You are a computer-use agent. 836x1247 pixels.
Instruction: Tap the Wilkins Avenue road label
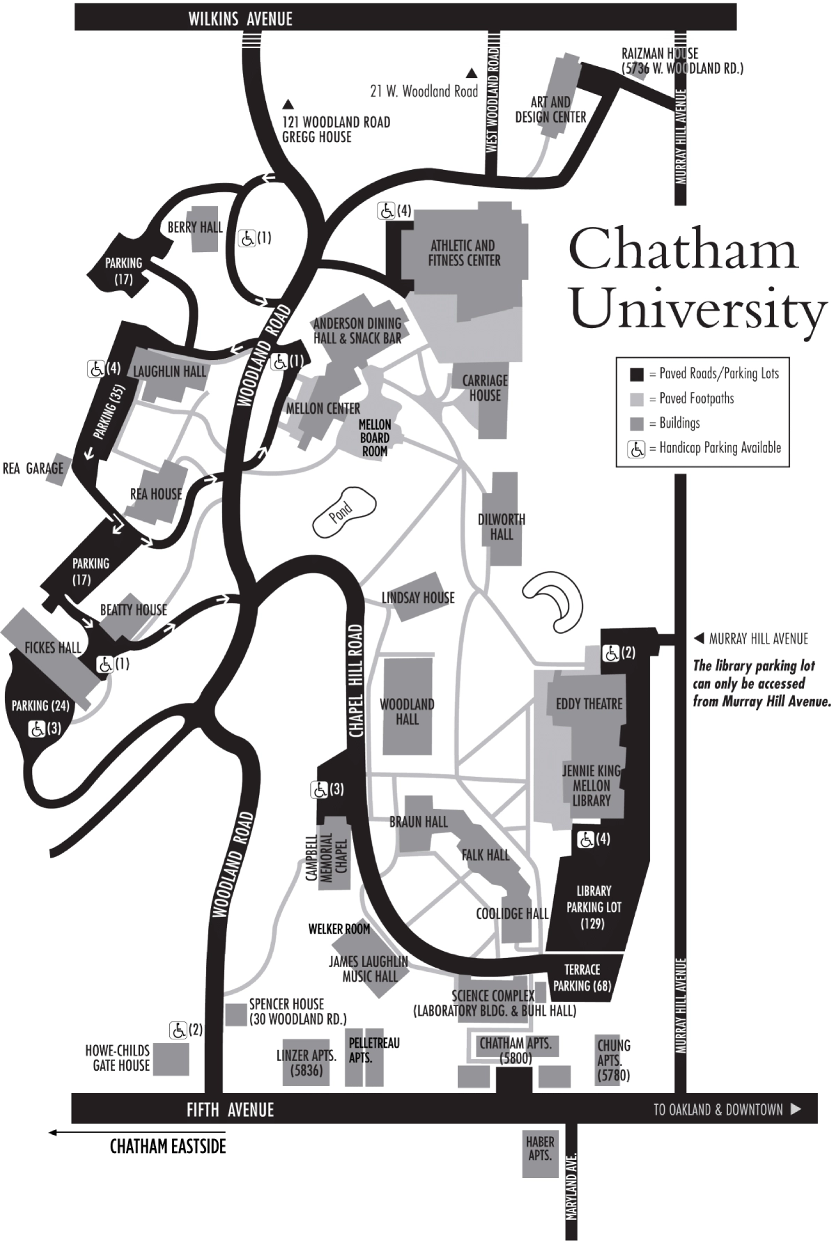click(240, 19)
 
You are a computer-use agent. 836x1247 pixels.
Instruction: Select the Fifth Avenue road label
click(230, 1109)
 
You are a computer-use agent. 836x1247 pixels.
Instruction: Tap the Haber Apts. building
click(541, 1154)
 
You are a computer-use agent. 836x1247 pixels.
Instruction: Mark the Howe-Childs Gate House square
click(171, 1059)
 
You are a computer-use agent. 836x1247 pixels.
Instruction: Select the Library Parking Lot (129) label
click(594, 907)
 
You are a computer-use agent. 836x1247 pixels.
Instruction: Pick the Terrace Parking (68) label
click(582, 977)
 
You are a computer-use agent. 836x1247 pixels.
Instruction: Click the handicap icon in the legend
click(636, 449)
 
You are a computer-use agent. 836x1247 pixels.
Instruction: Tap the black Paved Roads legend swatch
click(636, 374)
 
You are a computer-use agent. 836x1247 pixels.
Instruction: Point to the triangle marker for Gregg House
click(287, 105)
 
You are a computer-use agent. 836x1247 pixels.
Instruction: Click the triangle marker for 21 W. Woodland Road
click(472, 73)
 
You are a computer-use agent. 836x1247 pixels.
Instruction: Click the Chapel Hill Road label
click(357, 681)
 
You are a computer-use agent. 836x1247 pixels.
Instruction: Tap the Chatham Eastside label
click(168, 1146)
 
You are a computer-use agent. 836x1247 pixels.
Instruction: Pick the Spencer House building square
click(235, 1014)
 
